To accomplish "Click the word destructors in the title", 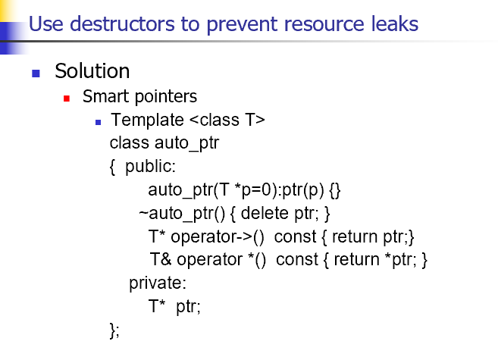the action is coord(122,23).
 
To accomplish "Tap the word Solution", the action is coord(92,70).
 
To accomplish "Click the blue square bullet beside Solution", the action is coord(36,74).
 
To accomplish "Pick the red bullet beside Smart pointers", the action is coord(67,99).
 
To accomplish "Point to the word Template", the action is coord(147,120).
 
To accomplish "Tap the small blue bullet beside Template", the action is coord(98,122).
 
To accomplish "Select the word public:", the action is coord(150,166).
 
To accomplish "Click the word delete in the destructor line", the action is coord(265,213).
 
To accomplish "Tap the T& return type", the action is coord(161,259).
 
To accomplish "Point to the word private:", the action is coord(158,283).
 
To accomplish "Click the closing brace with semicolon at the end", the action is coord(114,330).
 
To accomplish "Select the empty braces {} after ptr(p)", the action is coord(335,190).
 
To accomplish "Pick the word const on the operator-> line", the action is coord(295,236).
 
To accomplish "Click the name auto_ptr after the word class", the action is coord(186,143).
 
